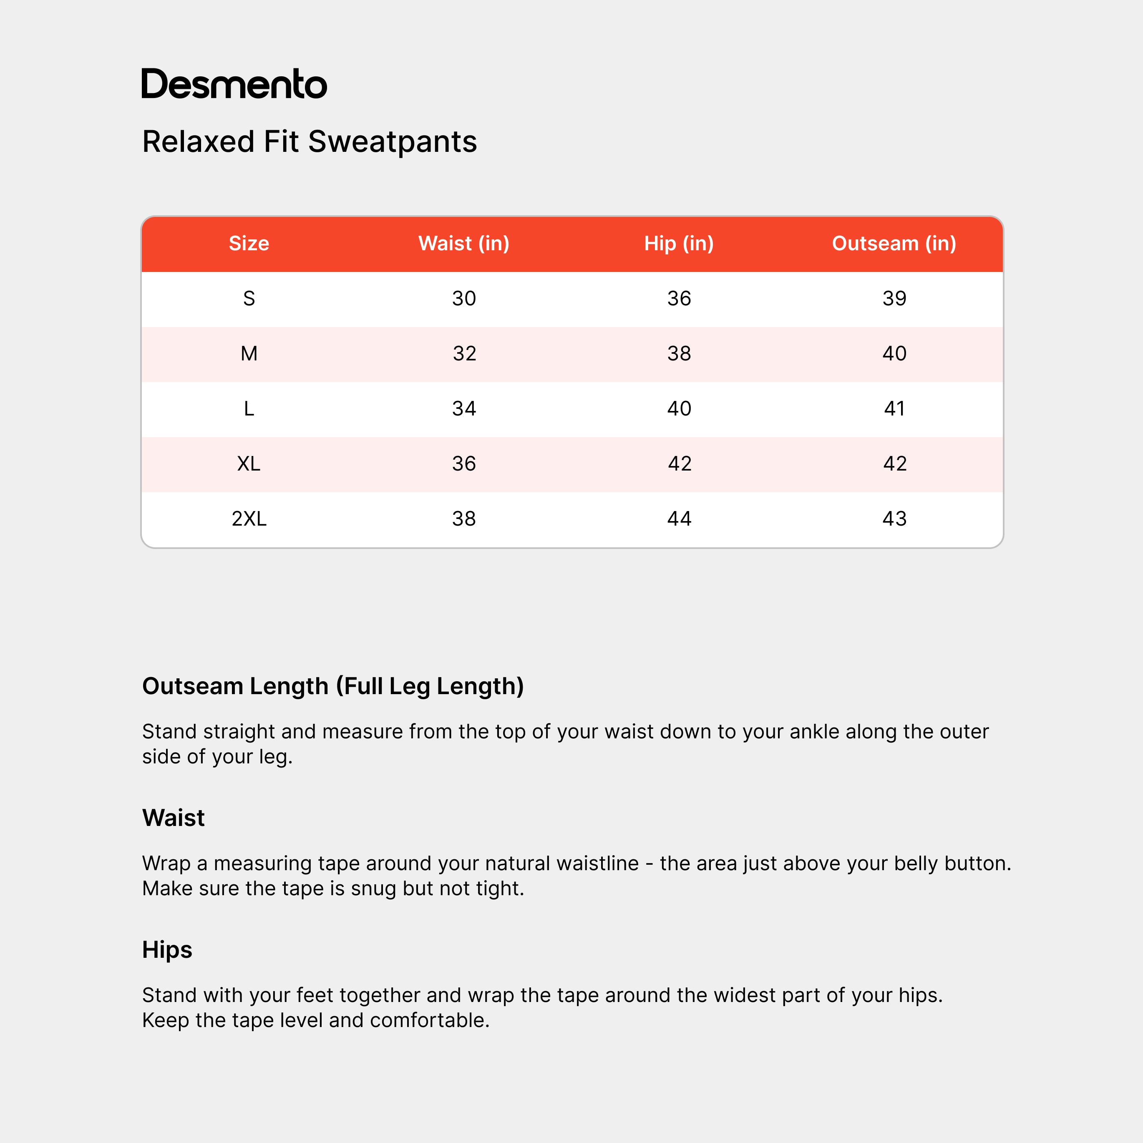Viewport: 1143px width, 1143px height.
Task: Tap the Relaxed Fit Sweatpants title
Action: (310, 142)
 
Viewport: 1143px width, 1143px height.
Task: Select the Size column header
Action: (249, 243)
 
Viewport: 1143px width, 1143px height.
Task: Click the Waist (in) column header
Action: (464, 243)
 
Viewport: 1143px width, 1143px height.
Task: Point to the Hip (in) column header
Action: (679, 243)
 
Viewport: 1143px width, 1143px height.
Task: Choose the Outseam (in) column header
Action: (894, 243)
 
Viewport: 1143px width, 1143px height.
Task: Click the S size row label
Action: (249, 298)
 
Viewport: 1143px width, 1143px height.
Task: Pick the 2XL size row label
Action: (249, 518)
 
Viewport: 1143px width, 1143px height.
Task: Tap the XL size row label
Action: (249, 463)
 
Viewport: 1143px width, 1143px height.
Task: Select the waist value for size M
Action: (464, 353)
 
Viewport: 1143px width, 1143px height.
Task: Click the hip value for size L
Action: (679, 408)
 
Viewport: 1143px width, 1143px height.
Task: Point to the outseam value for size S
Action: (894, 298)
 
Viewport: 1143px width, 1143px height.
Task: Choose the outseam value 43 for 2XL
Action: (894, 518)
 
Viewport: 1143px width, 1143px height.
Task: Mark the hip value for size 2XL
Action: (679, 518)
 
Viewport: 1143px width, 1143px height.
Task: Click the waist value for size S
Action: (464, 298)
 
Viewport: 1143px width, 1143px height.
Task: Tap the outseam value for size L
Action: (894, 408)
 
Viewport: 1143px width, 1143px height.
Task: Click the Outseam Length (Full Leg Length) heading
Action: (333, 686)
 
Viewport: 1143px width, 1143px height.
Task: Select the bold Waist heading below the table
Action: (174, 818)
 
